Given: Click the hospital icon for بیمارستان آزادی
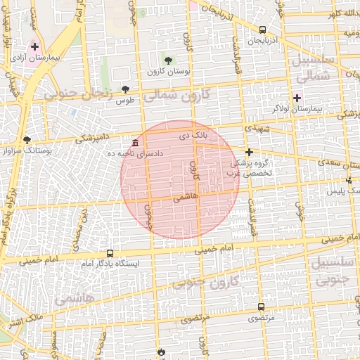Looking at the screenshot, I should point(34,46).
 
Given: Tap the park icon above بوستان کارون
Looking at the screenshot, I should point(169,59).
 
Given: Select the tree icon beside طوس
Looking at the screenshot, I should point(125,89).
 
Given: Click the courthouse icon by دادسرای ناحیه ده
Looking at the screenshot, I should point(135,143).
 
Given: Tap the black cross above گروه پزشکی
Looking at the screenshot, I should point(248,152).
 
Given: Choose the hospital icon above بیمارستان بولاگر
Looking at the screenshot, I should point(297,98).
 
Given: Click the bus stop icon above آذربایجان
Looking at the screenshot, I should point(262,30).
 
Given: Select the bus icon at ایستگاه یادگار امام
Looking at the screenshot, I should point(110,252).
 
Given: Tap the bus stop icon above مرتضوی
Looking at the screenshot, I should point(261,307).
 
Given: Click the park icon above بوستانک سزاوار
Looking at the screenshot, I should point(27,139).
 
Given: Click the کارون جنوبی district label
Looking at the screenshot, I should point(206,282).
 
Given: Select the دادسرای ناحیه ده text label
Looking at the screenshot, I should point(111,153).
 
